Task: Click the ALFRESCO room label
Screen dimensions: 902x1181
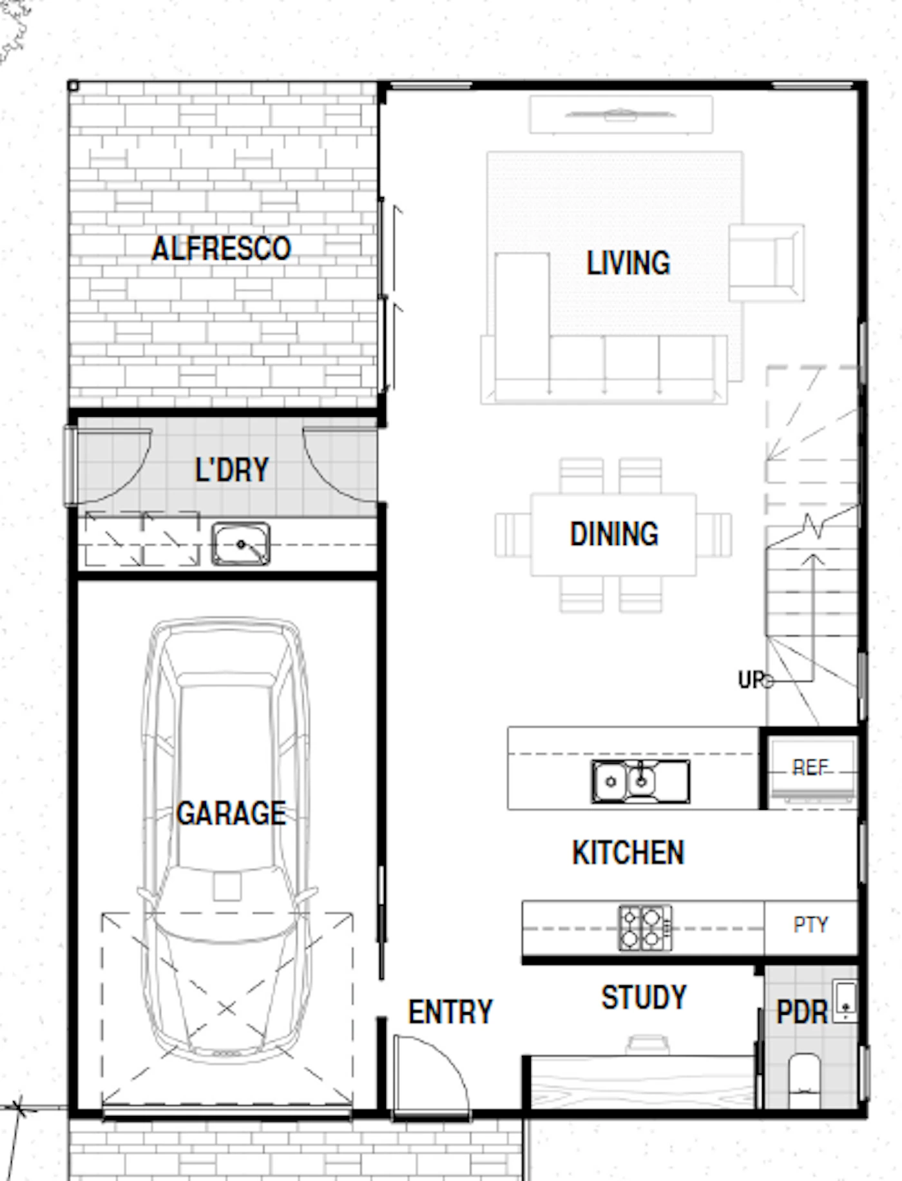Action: click(221, 249)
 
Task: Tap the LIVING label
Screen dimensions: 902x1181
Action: click(628, 263)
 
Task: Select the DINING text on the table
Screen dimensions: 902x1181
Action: click(614, 534)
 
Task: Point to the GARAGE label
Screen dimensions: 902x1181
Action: click(231, 813)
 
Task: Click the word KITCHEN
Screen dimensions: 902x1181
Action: click(628, 852)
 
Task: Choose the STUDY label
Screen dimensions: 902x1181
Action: click(644, 997)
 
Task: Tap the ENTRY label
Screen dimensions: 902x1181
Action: click(450, 1012)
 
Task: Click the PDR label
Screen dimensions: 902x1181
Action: click(801, 1012)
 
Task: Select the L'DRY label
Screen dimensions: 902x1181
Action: click(232, 470)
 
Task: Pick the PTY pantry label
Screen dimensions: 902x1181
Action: click(811, 925)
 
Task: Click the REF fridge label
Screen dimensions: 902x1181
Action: click(810, 767)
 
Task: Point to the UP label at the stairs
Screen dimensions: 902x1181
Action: click(751, 679)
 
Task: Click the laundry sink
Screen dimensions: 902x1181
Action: click(240, 544)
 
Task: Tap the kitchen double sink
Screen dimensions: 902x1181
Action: click(640, 782)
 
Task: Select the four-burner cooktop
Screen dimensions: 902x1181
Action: click(645, 928)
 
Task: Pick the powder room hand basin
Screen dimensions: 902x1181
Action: click(845, 1001)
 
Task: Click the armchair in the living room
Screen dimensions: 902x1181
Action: click(766, 262)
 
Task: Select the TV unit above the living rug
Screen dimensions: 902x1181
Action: click(621, 115)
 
